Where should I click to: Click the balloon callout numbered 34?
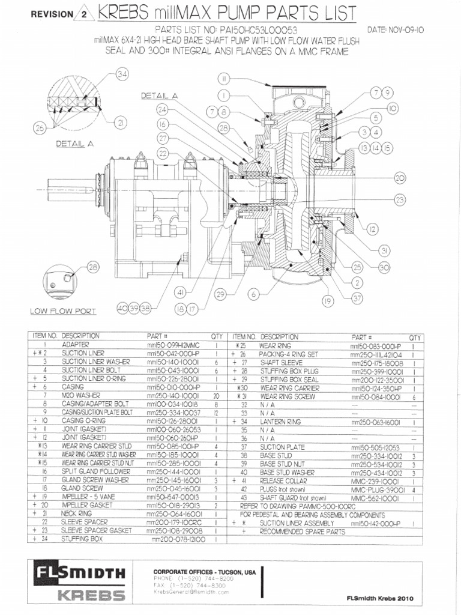click(122, 74)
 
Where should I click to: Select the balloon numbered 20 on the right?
click(400, 177)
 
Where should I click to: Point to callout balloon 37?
click(358, 298)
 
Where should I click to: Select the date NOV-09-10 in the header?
click(395, 29)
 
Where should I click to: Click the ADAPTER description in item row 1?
click(74, 345)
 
